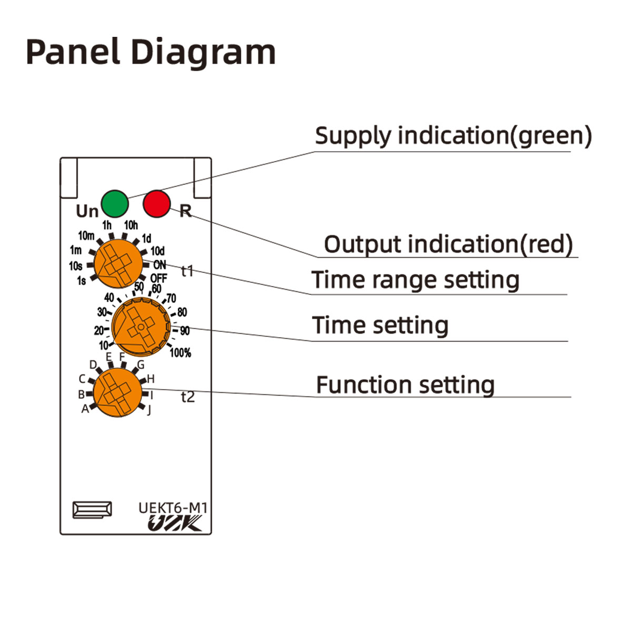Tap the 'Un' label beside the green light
point(87,211)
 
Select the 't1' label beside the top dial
point(187,271)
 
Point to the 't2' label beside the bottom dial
point(187,397)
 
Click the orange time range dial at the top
point(118,263)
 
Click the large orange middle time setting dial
point(141,327)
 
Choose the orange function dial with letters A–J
point(117,392)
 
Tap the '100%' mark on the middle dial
point(180,353)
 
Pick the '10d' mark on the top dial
point(157,251)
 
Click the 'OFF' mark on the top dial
point(159,278)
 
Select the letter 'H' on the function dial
point(151,379)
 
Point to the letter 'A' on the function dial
point(85,409)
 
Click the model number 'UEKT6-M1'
point(173,508)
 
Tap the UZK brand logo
point(174,524)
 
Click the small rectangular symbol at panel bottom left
point(92,510)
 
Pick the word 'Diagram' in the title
point(203,52)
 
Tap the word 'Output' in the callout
point(363,244)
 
